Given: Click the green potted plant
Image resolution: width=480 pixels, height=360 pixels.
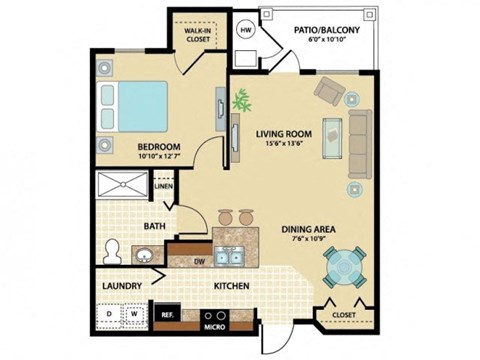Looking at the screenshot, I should click(x=240, y=100).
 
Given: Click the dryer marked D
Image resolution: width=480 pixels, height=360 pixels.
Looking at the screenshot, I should click(x=109, y=314).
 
